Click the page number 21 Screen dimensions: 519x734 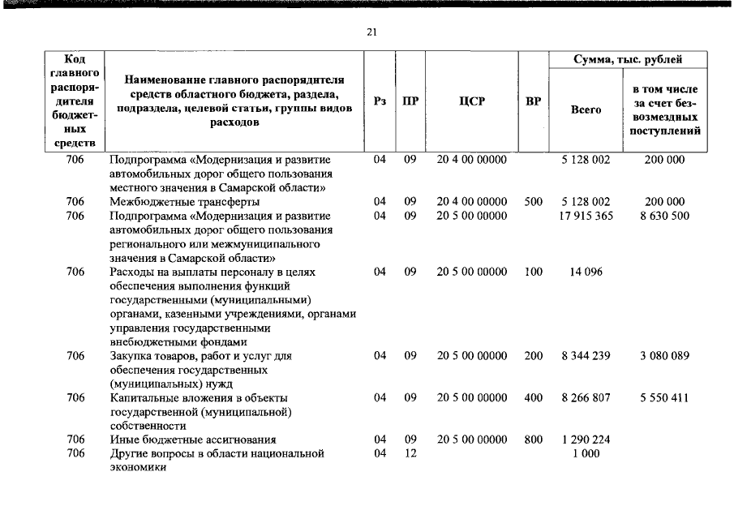[371, 32]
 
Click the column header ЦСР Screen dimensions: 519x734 [471, 102]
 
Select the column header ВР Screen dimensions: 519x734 [533, 102]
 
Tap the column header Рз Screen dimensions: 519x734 [380, 102]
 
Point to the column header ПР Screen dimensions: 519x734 [410, 102]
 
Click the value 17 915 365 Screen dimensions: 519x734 [586, 217]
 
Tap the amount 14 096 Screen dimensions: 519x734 [586, 272]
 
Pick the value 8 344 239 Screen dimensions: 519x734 [586, 356]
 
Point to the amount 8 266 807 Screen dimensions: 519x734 [586, 398]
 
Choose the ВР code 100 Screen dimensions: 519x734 [533, 272]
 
